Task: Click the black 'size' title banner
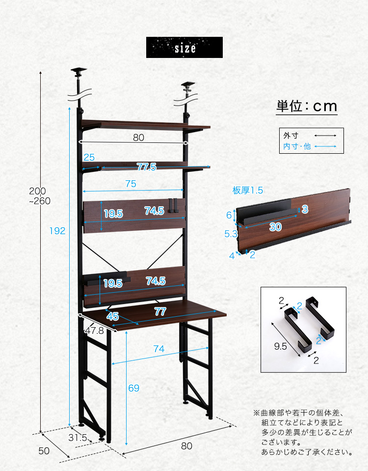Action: point(184,48)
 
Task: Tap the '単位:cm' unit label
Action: point(307,107)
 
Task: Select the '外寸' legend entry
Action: point(290,136)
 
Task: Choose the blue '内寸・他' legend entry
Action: point(297,146)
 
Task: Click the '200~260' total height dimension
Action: point(40,196)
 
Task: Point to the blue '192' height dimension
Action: point(57,231)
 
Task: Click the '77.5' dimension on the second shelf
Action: point(147,166)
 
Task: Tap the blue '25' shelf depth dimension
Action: point(89,157)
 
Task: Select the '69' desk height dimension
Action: point(133,388)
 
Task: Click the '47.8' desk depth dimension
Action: point(94,331)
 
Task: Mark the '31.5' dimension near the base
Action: point(78,438)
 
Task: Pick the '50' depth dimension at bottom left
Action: point(44,450)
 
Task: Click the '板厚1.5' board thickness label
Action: point(248,190)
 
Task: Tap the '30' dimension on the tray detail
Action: point(275,226)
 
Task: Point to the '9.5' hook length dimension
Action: point(280,346)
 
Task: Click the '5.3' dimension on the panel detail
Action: point(231,234)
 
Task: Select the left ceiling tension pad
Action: point(79,71)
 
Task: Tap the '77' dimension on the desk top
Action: point(160,311)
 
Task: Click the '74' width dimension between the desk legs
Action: point(159,348)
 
